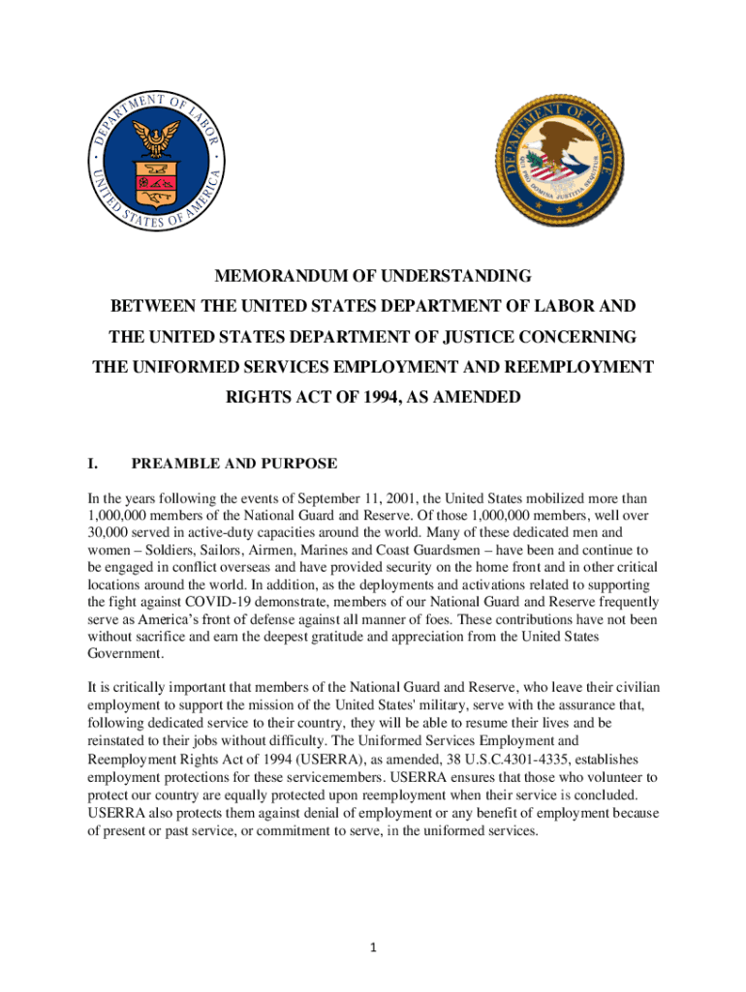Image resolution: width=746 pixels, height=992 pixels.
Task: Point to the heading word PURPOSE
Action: (295, 463)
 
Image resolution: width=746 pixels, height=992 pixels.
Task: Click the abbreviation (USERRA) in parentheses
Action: (295, 759)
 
